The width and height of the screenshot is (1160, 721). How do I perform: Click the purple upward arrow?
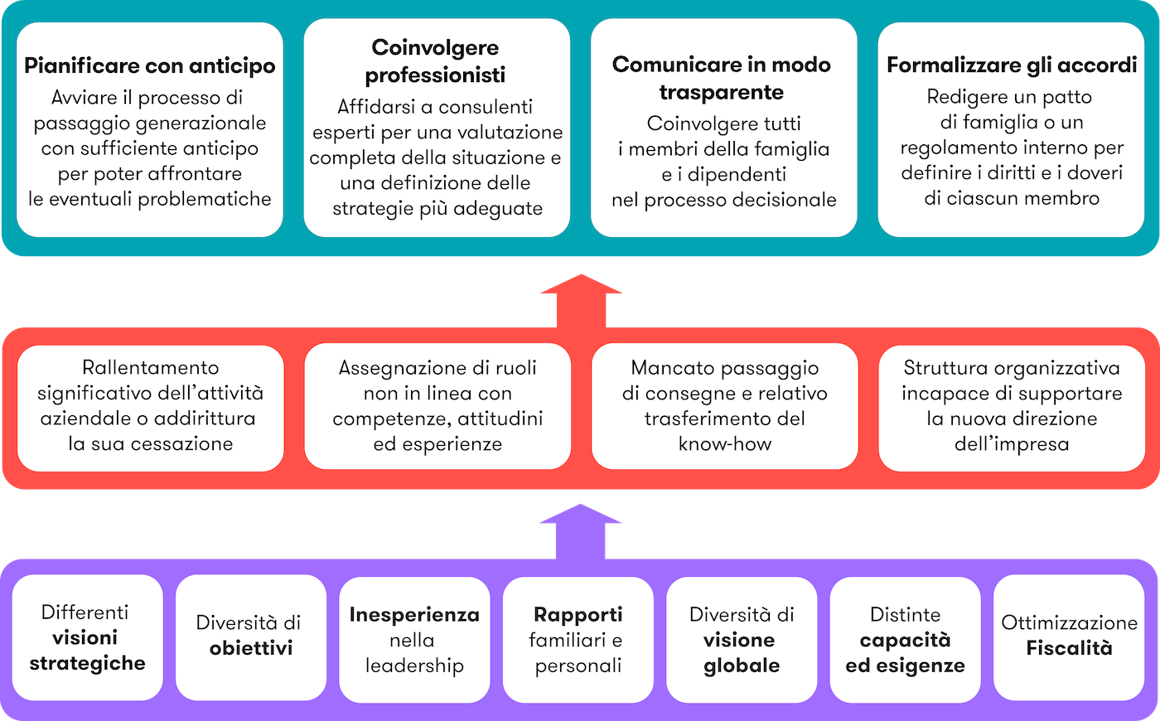pyautogui.click(x=580, y=530)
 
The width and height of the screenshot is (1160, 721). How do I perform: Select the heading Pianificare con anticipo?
pyautogui.click(x=150, y=66)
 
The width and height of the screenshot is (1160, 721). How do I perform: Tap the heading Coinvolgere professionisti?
pyautogui.click(x=436, y=61)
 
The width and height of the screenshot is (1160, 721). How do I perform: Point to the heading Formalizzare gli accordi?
pyautogui.click(x=1012, y=65)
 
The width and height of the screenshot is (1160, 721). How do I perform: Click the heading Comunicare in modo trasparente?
pyautogui.click(x=722, y=78)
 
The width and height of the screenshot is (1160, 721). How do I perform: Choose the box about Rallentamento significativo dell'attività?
pyautogui.click(x=151, y=406)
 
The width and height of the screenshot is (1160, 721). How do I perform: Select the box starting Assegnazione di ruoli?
pyautogui.click(x=437, y=406)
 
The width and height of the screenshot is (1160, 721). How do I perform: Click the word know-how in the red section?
pyautogui.click(x=725, y=444)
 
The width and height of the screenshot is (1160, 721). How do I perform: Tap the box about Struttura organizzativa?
pyautogui.click(x=1012, y=406)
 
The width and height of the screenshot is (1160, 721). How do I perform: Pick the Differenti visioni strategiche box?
pyautogui.click(x=87, y=637)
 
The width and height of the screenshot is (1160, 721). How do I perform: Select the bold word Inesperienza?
pyautogui.click(x=414, y=615)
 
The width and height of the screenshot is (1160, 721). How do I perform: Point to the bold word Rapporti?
pyautogui.click(x=578, y=615)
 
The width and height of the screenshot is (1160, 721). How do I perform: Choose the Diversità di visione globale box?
pyautogui.click(x=742, y=639)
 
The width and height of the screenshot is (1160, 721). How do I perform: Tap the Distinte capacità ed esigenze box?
pyautogui.click(x=905, y=639)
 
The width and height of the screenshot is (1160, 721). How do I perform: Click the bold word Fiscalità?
pyautogui.click(x=1070, y=648)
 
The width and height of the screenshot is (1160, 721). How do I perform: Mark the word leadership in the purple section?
pyautogui.click(x=414, y=665)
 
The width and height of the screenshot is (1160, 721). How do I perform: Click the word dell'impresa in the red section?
pyautogui.click(x=1012, y=444)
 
